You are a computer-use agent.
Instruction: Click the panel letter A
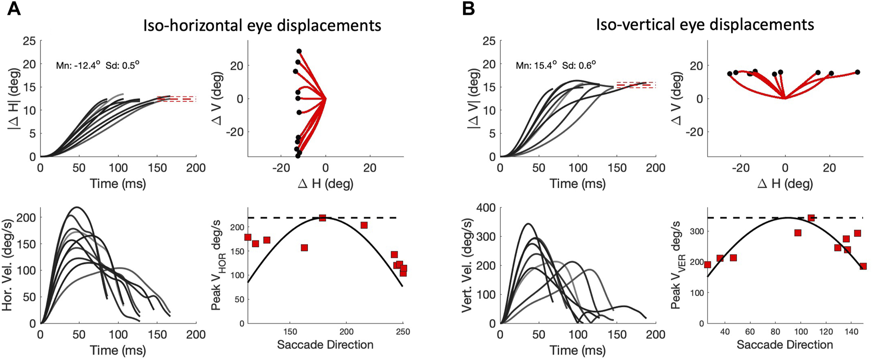point(14,8)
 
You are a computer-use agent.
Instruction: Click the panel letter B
point(469,8)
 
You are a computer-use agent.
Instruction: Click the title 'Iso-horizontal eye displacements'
point(262,25)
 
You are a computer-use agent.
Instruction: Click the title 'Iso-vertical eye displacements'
point(705,24)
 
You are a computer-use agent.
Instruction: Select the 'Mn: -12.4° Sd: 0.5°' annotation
point(98,65)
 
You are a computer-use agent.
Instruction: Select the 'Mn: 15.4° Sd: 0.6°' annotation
point(556,65)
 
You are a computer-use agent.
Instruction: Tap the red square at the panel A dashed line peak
point(323,218)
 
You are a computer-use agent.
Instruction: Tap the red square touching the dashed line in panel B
point(811,218)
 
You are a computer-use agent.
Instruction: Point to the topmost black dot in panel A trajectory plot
point(299,51)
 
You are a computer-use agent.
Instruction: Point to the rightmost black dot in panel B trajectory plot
point(857,72)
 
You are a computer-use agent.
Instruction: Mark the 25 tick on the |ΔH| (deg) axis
point(29,41)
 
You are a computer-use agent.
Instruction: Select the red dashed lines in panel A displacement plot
point(176,99)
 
